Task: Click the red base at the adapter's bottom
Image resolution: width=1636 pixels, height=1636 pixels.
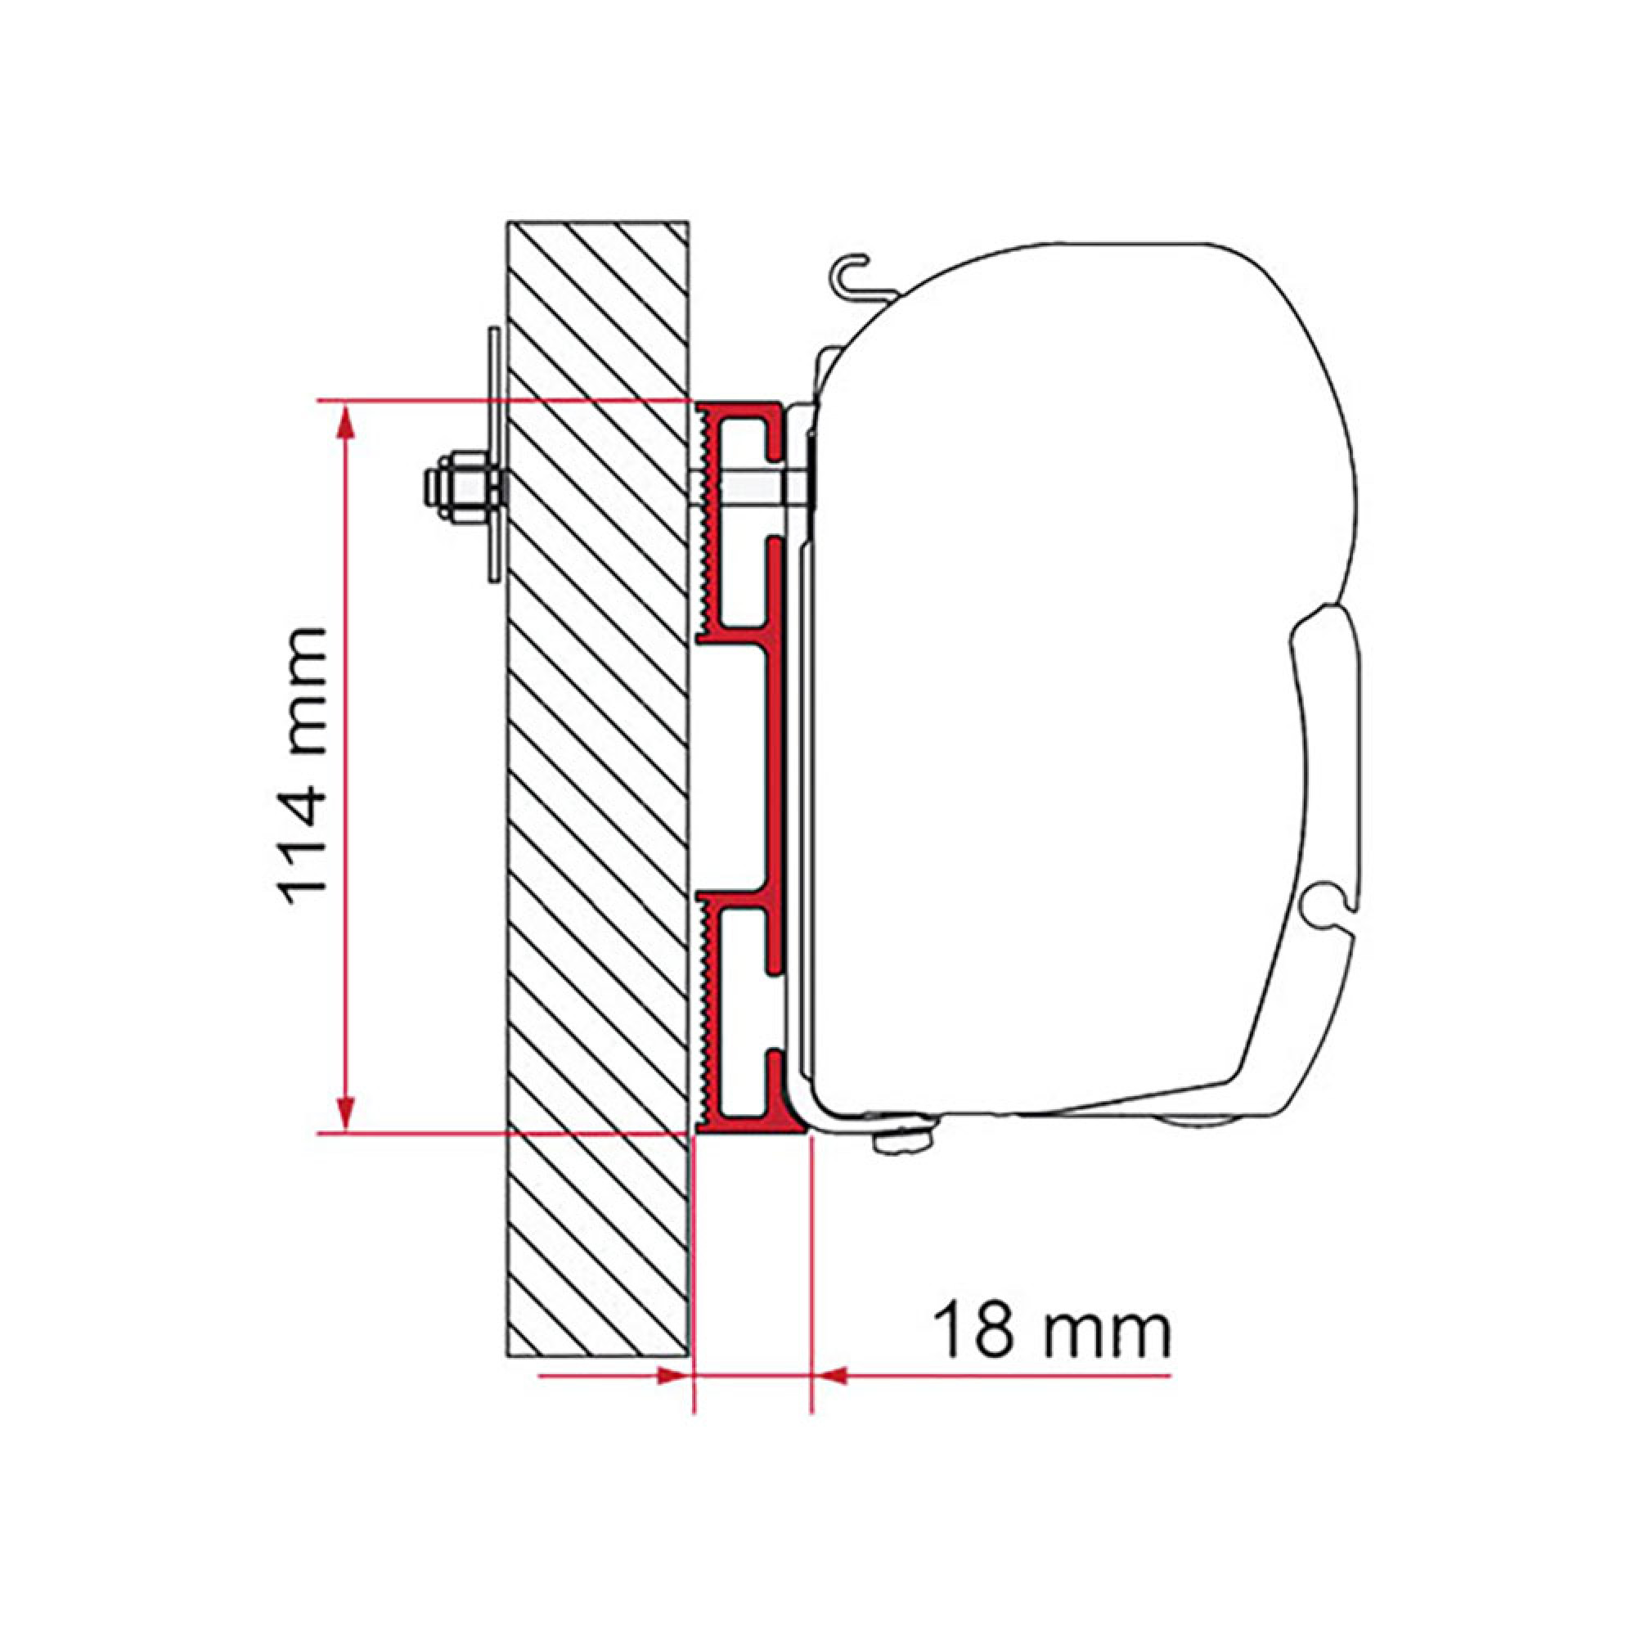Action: tap(749, 1124)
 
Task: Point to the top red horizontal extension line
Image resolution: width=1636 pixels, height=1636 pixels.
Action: tap(508, 400)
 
